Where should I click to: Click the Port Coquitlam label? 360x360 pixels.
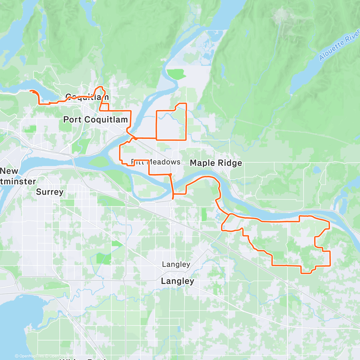click(x=95, y=120)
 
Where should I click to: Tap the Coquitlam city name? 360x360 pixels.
click(x=87, y=97)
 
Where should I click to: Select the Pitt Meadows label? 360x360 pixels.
click(x=156, y=162)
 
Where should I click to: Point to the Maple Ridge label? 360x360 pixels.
click(x=216, y=163)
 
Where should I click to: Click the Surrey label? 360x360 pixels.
click(x=50, y=192)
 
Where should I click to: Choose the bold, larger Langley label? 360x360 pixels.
click(x=178, y=281)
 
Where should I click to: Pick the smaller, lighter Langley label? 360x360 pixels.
click(x=176, y=264)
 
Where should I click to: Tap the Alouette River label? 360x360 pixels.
click(x=339, y=45)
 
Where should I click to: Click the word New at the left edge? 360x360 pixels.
click(x=9, y=171)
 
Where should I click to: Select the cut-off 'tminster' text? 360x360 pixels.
click(x=18, y=181)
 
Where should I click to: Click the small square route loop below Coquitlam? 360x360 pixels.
click(x=104, y=107)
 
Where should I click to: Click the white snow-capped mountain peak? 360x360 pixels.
click(x=281, y=13)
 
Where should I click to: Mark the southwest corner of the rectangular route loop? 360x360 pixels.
click(x=156, y=139)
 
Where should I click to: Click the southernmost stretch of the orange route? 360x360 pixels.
click(x=306, y=273)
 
